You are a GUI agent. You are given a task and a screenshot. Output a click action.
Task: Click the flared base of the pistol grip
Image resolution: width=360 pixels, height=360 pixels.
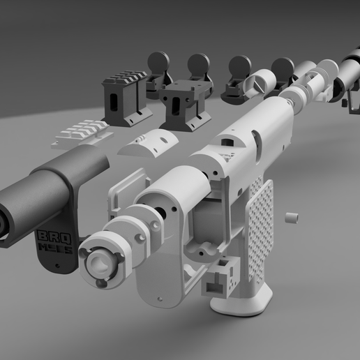pos(241,300)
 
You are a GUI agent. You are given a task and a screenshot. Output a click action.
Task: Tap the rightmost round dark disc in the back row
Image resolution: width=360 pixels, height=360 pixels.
pos(283,68)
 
